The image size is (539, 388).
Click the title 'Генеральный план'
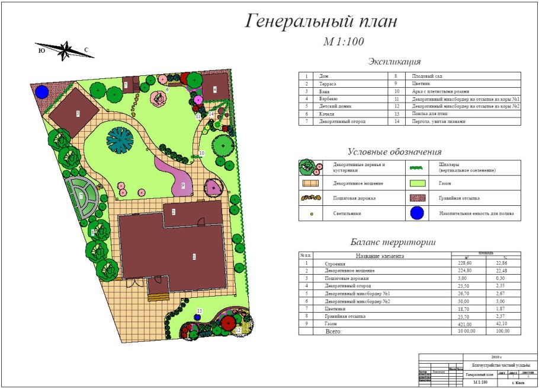click(x=321, y=22)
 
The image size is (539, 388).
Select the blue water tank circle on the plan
click(x=41, y=92)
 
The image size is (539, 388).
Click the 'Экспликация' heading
click(x=394, y=62)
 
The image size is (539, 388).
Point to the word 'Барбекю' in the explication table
click(x=328, y=98)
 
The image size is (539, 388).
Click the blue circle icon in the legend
click(x=419, y=213)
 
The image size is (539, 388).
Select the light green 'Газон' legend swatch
click(x=419, y=183)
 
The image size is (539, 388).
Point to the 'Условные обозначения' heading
click(x=394, y=152)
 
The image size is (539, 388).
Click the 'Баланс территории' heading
click(x=393, y=242)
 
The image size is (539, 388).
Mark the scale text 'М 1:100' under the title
click(x=343, y=42)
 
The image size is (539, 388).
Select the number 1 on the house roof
click(x=193, y=256)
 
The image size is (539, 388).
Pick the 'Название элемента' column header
click(x=379, y=256)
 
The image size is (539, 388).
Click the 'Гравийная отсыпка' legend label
click(x=460, y=198)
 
